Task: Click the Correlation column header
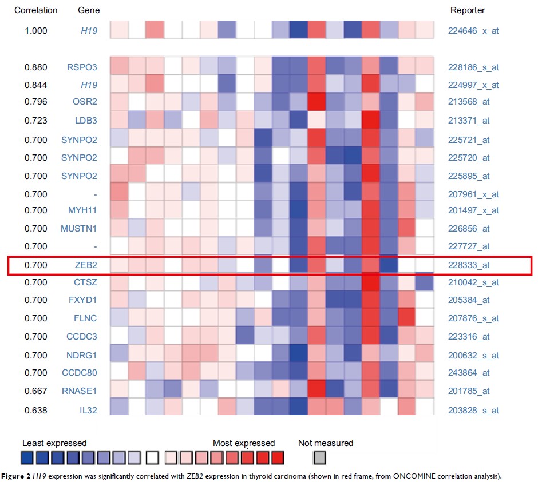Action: coord(36,10)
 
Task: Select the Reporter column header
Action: coord(468,10)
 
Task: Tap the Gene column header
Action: coord(88,10)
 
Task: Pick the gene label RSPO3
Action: coord(82,67)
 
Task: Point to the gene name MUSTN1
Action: coord(79,229)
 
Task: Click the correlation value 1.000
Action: coord(36,30)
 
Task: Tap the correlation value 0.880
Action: coord(36,67)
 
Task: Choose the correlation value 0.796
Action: coord(36,102)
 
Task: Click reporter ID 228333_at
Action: coord(469,265)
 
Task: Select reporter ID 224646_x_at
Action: coord(473,30)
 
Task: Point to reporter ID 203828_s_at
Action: coord(473,410)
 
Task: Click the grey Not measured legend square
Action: coord(321,457)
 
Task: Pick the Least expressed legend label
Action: coord(54,443)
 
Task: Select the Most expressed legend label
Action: coord(244,443)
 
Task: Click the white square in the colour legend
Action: coord(152,457)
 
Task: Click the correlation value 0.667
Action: coord(36,392)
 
